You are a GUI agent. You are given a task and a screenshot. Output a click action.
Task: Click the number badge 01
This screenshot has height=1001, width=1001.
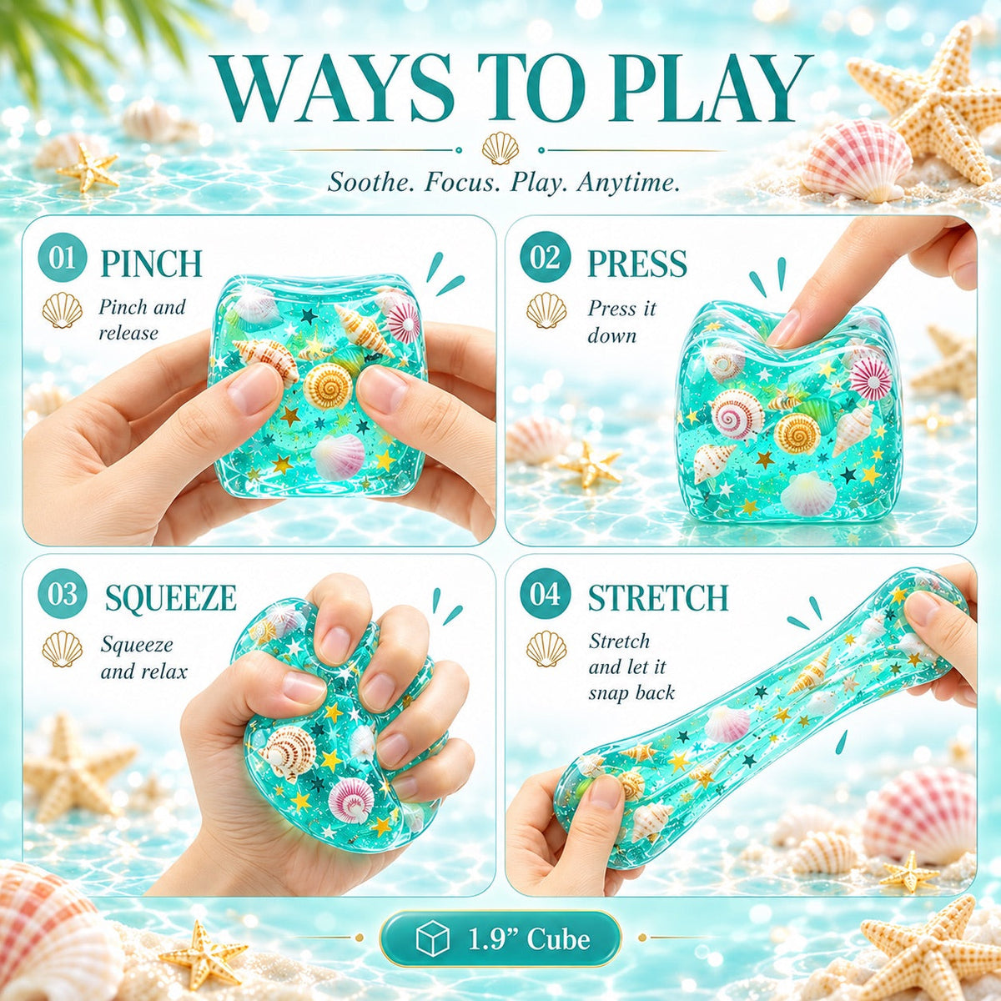click(x=63, y=258)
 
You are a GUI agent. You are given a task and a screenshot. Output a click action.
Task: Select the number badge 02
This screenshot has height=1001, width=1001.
click(x=545, y=258)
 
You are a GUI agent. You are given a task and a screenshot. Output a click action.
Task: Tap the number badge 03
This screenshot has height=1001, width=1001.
click(x=63, y=594)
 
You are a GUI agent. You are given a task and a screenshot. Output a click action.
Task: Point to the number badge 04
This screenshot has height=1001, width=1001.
click(x=545, y=594)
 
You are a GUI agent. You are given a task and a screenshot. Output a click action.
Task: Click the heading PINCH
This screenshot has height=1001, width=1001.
click(x=151, y=264)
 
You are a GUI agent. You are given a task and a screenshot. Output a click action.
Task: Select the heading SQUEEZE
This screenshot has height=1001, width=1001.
click(x=170, y=598)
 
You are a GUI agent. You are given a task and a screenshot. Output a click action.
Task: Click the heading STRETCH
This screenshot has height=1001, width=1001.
click(x=658, y=597)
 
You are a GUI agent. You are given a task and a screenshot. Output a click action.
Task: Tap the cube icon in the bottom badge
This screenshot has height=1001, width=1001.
click(x=432, y=938)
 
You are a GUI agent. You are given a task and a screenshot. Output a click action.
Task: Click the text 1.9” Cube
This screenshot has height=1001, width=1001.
click(x=530, y=939)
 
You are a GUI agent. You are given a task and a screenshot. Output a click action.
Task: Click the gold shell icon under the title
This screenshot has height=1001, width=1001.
click(x=500, y=148)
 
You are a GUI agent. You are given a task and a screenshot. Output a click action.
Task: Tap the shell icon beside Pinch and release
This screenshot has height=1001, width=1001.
click(x=63, y=310)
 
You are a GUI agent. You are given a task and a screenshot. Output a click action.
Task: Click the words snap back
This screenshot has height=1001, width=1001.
click(x=631, y=693)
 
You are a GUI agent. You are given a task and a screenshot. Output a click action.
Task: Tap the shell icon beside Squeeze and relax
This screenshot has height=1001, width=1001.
click(x=63, y=649)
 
